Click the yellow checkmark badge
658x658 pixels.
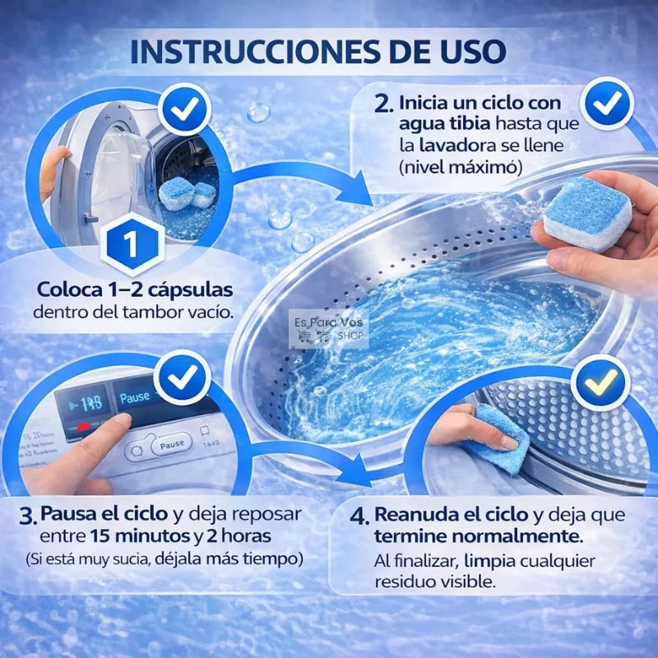(600, 380)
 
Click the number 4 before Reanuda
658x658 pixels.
(359, 517)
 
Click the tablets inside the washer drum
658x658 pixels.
(187, 195)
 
